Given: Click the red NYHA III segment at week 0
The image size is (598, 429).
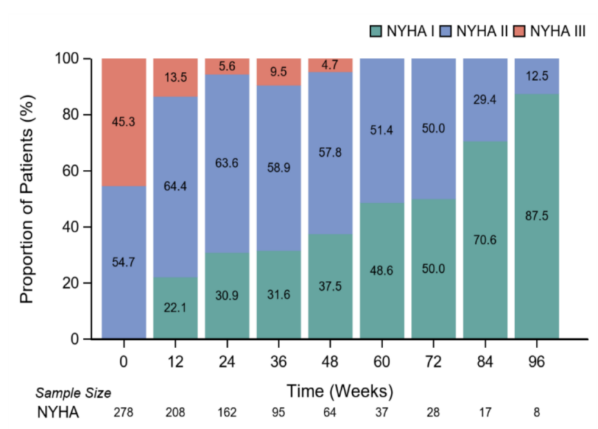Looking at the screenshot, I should [124, 122].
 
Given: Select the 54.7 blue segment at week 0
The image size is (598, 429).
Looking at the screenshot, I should [124, 263].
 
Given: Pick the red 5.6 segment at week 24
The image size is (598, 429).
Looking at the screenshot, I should [227, 66].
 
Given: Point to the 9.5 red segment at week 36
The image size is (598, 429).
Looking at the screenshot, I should [278, 72].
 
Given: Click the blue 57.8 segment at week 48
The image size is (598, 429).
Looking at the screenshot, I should [330, 153].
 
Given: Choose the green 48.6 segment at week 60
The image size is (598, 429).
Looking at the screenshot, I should [382, 271].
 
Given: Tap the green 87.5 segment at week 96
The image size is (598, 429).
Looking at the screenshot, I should [537, 216].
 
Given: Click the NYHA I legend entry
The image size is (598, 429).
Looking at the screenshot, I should [401, 31].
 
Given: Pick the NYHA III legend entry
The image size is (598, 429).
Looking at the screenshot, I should [550, 31].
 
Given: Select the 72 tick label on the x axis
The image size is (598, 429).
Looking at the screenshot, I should [433, 359].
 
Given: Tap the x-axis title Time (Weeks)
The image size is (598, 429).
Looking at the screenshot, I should [340, 391].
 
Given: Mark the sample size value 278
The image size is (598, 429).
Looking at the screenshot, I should [124, 413].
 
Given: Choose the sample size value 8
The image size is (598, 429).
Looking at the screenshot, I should [537, 413].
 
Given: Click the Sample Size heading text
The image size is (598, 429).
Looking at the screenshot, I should [73, 393].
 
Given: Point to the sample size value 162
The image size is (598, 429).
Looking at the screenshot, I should [227, 413].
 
